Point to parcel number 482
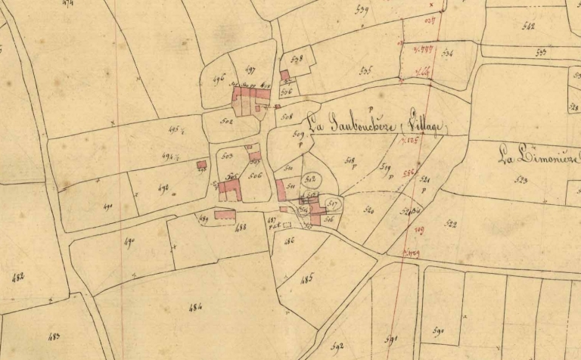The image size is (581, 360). pyautogui.click(x=19, y=278)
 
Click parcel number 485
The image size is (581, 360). pyautogui.click(x=306, y=278)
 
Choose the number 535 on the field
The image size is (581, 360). pyautogui.click(x=366, y=71)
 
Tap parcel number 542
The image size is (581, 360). pyautogui.click(x=527, y=26)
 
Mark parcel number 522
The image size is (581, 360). pyautogui.click(x=452, y=223)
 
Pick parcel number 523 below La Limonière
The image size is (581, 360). pyautogui.click(x=520, y=180)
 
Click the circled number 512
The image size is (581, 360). pyautogui.click(x=309, y=178)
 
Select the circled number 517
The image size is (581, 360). pyautogui.click(x=332, y=203)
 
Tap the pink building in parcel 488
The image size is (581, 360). pyautogui.click(x=225, y=215)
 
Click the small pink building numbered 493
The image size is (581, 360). pyautogui.click(x=201, y=165)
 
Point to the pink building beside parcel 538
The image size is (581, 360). pyautogui.click(x=284, y=75)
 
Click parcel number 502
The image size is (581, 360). pyautogui.click(x=225, y=119)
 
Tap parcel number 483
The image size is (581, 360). pyautogui.click(x=54, y=336)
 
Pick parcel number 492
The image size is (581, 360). pyautogui.click(x=163, y=187)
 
